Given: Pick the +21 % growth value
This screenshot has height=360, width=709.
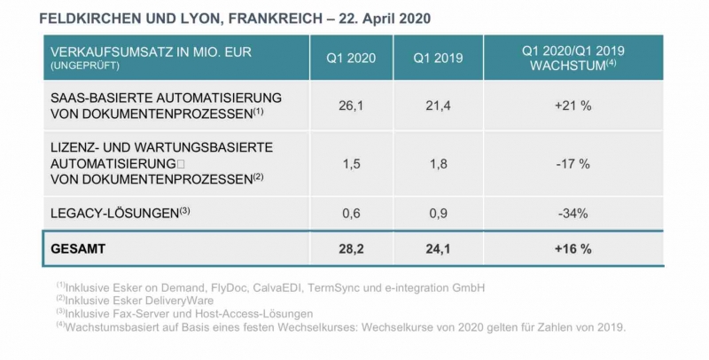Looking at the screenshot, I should [574, 105].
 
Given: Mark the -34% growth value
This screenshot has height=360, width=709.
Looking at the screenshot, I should [574, 212].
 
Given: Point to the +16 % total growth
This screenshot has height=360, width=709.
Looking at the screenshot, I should [574, 249].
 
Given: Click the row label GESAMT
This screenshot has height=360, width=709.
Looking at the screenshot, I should [78, 249].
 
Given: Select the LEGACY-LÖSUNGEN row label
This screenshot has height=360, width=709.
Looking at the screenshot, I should [114, 212].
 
